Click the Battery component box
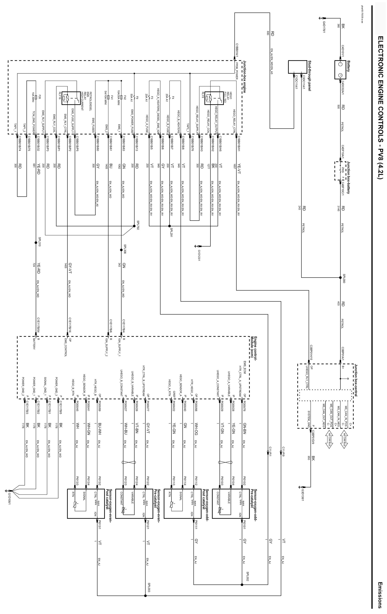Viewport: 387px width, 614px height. coord(340,70)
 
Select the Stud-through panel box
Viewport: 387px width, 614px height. coord(297,67)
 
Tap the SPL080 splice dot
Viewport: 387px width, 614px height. coord(340,277)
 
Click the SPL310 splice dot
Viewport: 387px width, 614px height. coord(36,243)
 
